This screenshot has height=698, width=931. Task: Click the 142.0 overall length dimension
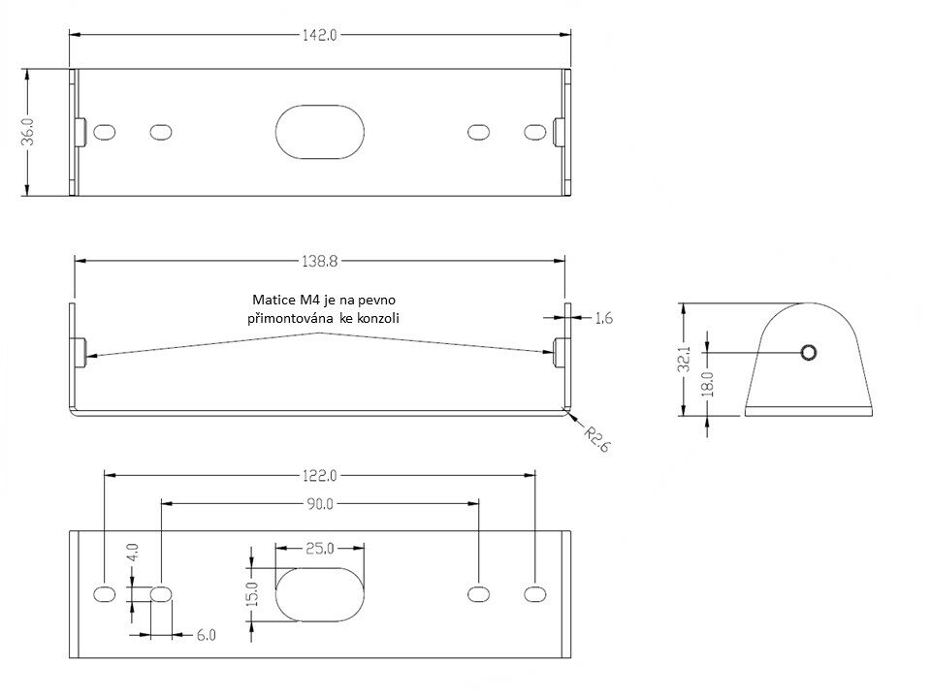click(x=319, y=35)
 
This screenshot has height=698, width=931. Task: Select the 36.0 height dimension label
click(x=28, y=131)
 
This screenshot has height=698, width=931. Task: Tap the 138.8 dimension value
click(x=319, y=261)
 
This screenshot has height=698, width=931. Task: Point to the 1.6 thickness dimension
click(x=603, y=318)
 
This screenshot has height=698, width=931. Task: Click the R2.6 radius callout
click(x=596, y=438)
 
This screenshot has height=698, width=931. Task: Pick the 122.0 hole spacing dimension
click(x=319, y=476)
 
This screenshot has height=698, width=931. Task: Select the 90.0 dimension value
click(x=319, y=504)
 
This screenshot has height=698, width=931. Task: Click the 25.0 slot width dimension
click(x=319, y=549)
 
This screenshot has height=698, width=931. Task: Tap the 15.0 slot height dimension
click(x=253, y=594)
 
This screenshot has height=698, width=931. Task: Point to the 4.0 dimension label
click(x=133, y=553)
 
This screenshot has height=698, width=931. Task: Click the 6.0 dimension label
click(x=206, y=635)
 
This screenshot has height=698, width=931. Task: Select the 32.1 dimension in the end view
click(x=685, y=360)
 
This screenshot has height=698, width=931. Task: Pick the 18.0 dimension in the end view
click(x=708, y=384)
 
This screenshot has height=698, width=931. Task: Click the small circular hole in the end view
click(x=809, y=353)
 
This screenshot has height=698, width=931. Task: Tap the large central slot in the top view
click(x=319, y=132)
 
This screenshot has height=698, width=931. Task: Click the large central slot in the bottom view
click(x=319, y=594)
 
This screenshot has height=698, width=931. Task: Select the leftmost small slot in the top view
click(x=105, y=132)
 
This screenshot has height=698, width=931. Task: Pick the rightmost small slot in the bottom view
click(x=535, y=594)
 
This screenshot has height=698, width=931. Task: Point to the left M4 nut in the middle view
click(x=80, y=352)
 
